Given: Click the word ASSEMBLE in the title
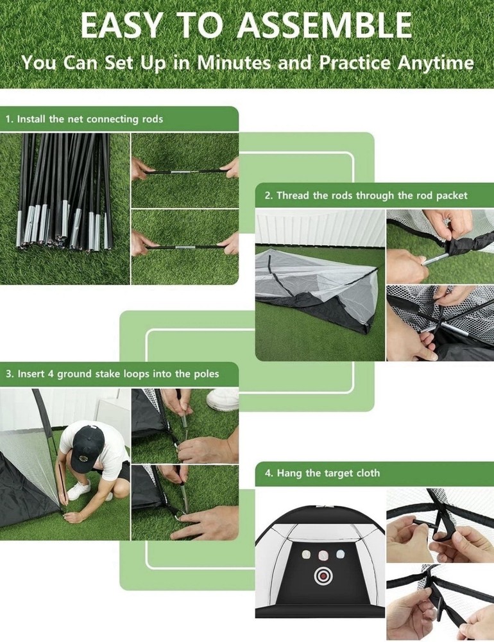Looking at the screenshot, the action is coord(325,26).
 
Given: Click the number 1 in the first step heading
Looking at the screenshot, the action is coord(8,119).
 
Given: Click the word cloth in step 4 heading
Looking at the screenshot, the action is coord(367,473).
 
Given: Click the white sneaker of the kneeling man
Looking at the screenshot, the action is coord(78,490).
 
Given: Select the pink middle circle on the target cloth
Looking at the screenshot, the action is coord(323,555).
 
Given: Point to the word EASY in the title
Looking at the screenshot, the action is coord(121,26).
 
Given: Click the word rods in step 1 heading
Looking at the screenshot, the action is coord(152,119).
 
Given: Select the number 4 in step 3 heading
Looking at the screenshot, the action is coord(51,374).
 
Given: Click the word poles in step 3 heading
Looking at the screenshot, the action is coord(206,374).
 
